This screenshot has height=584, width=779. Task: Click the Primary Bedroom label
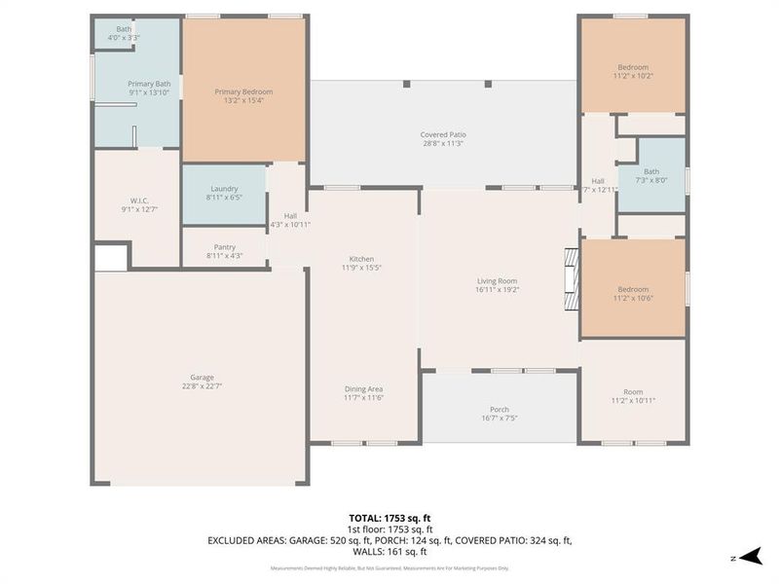point(242,91)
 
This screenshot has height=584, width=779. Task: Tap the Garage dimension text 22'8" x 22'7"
point(203,386)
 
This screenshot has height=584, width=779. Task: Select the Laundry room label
point(224,189)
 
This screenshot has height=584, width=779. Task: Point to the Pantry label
point(224,247)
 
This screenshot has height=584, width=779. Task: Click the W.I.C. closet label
point(136,201)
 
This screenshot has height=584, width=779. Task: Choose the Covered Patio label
point(443,134)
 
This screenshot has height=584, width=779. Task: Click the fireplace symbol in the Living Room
point(572,277)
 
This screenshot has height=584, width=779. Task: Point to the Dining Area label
point(362,388)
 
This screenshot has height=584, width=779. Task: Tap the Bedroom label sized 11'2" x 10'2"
point(631,67)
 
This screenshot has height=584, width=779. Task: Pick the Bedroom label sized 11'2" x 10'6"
point(631,289)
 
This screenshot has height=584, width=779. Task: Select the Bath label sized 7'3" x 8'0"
point(650,172)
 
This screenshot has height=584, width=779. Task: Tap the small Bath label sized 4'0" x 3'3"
point(124,29)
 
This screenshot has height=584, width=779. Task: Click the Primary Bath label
point(149,84)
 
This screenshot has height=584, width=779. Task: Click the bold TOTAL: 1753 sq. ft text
point(389,518)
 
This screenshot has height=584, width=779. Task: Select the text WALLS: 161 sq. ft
point(389,550)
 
